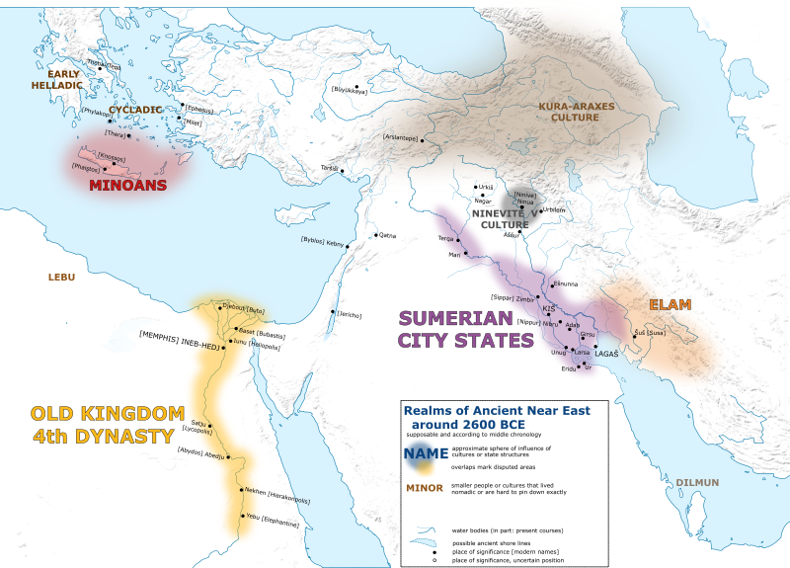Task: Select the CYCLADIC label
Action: click(135, 110)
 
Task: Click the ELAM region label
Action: click(670, 304)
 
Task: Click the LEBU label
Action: click(61, 277)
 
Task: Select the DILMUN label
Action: click(698, 482)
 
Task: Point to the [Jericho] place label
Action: click(348, 315)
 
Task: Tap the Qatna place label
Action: click(386, 236)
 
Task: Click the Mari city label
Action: click(454, 254)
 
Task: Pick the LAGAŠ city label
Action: click(606, 353)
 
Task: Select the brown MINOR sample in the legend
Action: click(424, 487)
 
